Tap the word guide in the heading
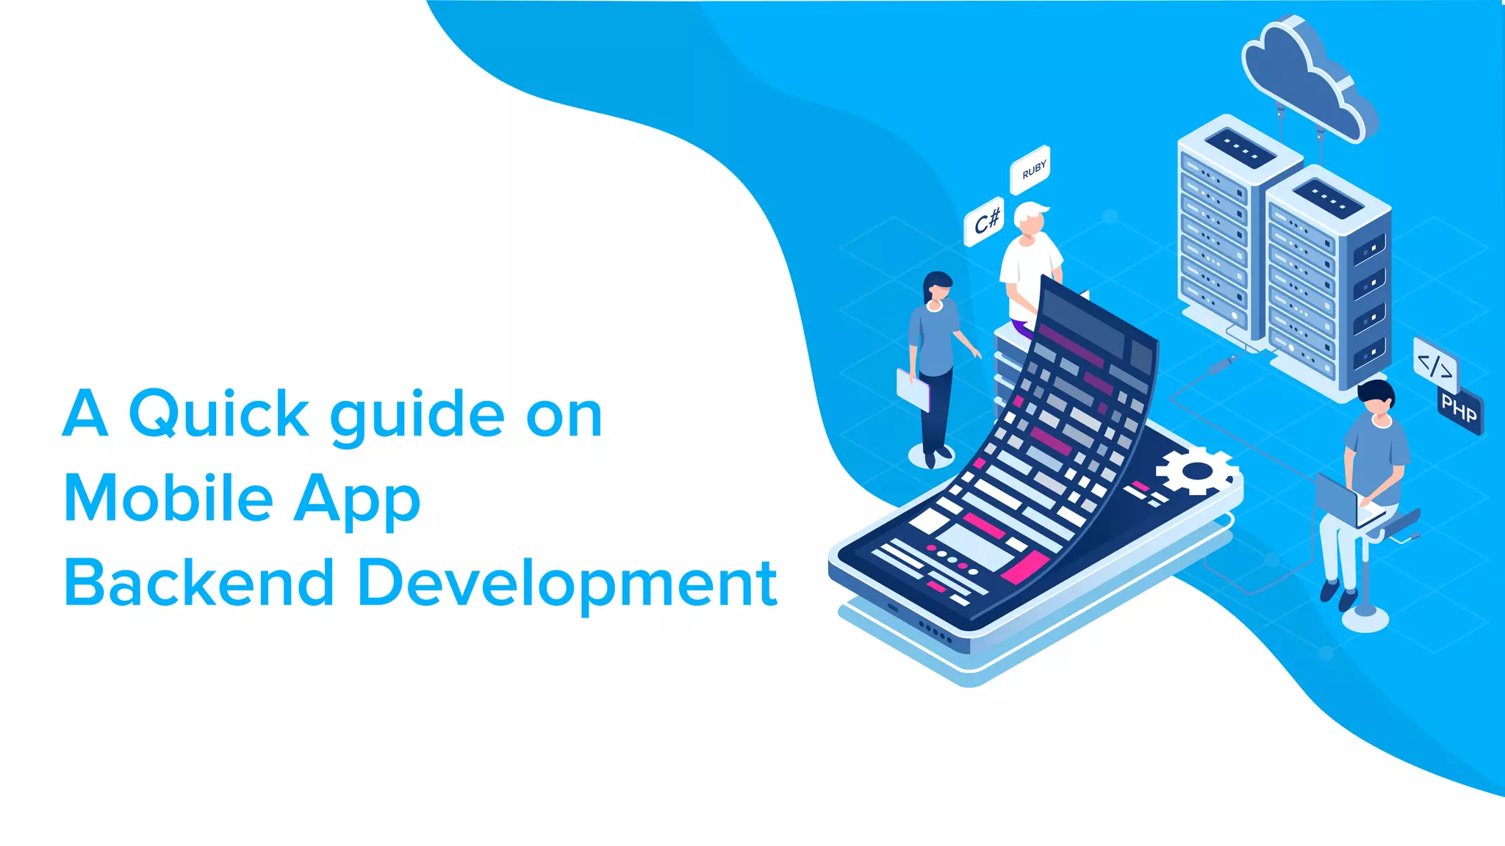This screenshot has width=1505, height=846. coord(417,416)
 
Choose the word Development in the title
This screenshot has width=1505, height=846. coord(567,585)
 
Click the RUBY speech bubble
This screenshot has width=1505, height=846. coord(1031,170)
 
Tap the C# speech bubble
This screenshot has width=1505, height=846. coord(985,220)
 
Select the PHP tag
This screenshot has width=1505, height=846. coord(1459,409)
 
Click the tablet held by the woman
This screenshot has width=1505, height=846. coord(913,389)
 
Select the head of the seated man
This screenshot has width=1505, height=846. coord(1376,400)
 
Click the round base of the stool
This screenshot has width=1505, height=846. coord(1365,618)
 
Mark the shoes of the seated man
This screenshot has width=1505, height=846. coord(1337,595)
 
